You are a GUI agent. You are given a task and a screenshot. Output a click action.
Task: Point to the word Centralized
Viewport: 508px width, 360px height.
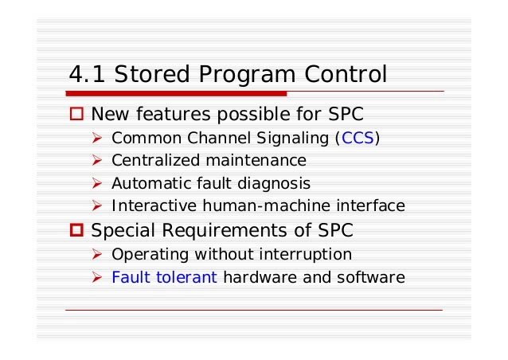pos(153,160)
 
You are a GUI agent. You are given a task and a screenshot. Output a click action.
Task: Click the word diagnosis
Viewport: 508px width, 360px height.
pos(275,183)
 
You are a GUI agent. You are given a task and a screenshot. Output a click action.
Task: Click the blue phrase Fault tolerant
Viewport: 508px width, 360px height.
pos(165,278)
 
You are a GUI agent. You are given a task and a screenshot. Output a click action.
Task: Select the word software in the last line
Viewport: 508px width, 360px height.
pos(375,278)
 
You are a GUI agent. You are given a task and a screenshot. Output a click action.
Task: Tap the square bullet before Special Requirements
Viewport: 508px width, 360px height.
pos(77,232)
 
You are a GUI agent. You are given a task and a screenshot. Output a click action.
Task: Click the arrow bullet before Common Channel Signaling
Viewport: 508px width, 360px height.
pos(98,137)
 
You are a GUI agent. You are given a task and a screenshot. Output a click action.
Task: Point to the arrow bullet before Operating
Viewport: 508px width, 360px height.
pos(98,255)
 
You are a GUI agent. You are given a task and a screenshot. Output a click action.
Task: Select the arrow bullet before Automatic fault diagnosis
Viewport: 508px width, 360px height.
pos(98,183)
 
